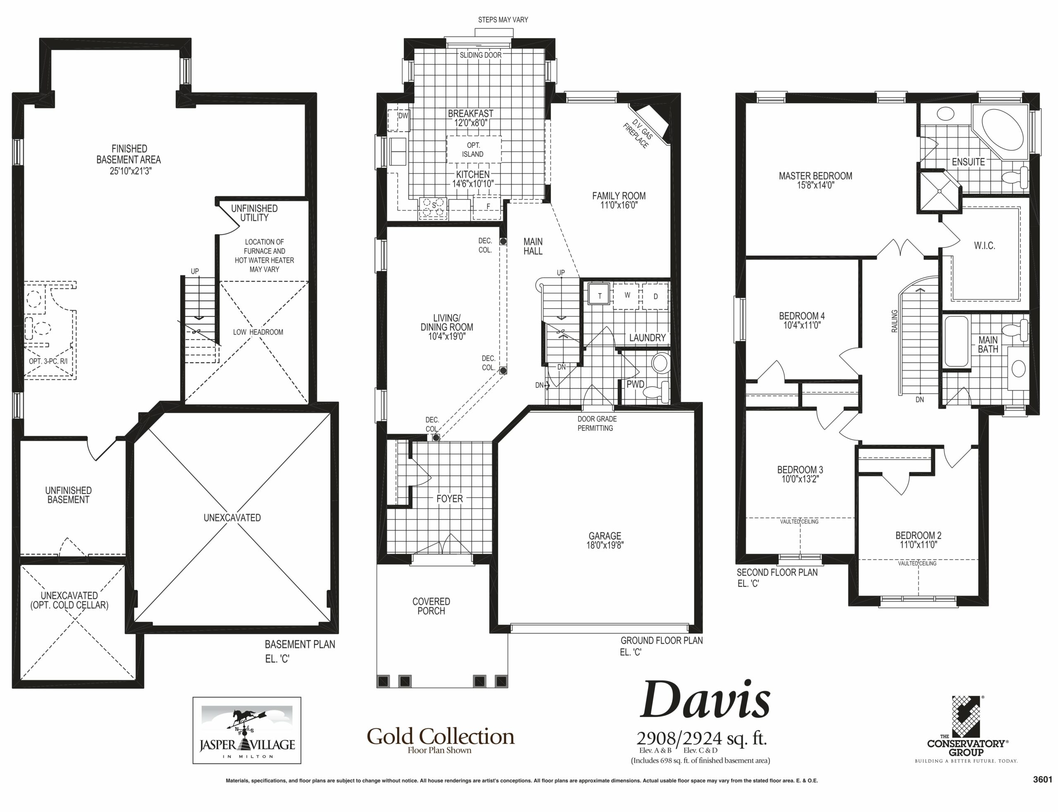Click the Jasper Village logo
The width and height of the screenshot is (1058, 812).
(247, 730)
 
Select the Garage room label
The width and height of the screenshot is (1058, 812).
(605, 536)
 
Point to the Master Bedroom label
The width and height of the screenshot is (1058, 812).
(815, 176)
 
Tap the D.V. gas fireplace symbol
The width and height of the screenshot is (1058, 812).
(651, 124)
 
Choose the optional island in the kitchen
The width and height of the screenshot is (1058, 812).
(473, 150)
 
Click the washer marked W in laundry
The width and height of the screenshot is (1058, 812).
(627, 295)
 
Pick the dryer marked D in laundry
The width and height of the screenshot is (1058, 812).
(655, 296)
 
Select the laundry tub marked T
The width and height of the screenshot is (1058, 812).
(600, 295)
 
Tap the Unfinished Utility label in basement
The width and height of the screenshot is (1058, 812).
(254, 213)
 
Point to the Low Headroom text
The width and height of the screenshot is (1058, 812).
(258, 332)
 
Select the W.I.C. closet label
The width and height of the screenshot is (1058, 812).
(984, 245)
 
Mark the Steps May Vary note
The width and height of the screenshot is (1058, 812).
(503, 20)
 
